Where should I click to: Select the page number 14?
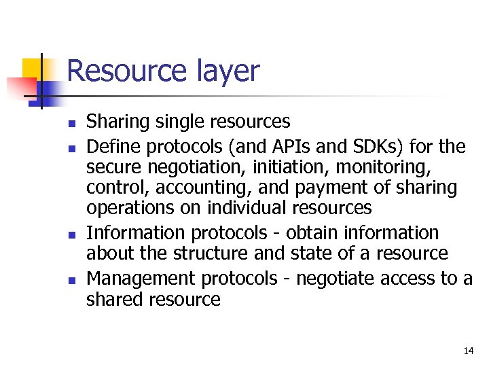tap(468, 351)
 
